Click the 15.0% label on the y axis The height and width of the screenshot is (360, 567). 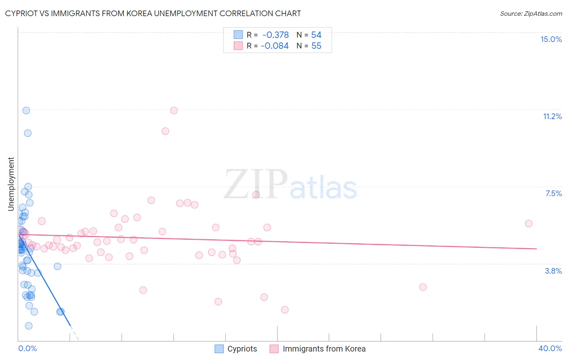pos(551,39)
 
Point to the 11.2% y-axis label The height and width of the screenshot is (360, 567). pos(552,117)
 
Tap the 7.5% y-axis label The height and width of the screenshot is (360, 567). pos(553,194)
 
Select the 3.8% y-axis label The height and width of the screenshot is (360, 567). pos(553,271)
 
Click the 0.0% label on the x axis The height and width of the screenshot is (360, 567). pos(27,348)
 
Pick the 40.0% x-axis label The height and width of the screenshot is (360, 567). pos(550,348)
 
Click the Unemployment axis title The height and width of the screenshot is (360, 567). pos(11,184)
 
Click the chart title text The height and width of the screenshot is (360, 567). pos(153,13)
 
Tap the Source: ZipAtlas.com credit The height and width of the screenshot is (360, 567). pos(531,14)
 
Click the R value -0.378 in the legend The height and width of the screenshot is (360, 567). pos(275,35)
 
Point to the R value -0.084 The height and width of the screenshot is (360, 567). pos(275,46)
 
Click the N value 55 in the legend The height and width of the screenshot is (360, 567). pos(316,46)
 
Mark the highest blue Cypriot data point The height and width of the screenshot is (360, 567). pos(26,111)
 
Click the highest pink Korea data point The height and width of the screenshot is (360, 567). pos(174,111)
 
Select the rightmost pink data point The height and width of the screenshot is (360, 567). pos(529,224)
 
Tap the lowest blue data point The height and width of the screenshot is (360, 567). pos(29,326)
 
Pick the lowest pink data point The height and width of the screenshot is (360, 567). pos(285,310)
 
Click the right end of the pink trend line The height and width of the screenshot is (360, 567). pos(536,249)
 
